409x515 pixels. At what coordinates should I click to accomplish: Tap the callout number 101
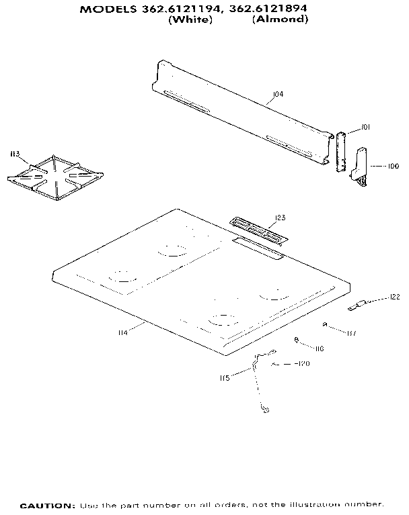[x=365, y=127]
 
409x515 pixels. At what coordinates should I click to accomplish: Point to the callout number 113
[x=14, y=155]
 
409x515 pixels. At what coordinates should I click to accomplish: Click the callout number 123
[x=281, y=217]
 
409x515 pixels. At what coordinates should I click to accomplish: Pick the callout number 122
[x=395, y=297]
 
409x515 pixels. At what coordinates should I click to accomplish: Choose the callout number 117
[x=352, y=332]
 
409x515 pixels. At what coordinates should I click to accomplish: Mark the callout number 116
[x=320, y=348]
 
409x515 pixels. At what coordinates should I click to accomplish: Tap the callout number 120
[x=303, y=364]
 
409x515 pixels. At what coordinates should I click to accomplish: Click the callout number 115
[x=225, y=378]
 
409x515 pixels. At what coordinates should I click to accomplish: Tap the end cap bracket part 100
[x=361, y=166]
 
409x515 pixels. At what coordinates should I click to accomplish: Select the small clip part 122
[x=356, y=306]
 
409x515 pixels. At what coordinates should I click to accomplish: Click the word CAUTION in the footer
[x=47, y=504]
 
